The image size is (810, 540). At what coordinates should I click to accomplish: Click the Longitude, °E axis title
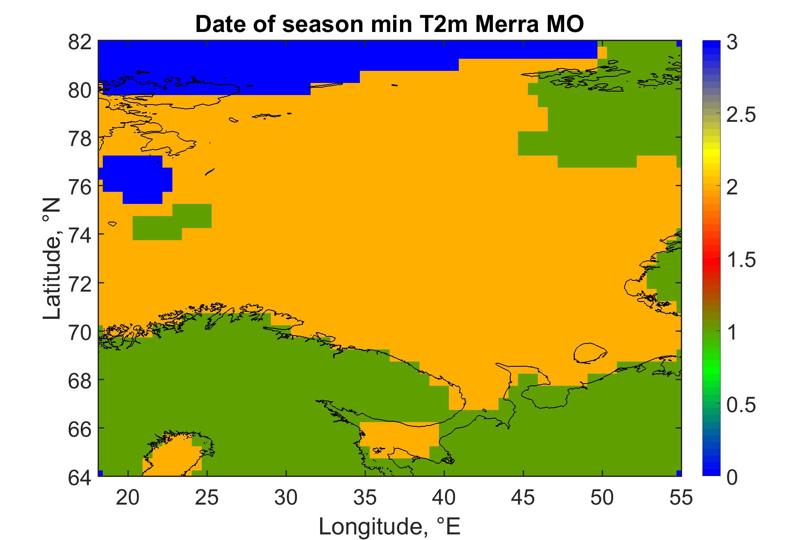tap(389, 526)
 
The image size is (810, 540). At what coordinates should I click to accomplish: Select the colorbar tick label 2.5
tap(741, 116)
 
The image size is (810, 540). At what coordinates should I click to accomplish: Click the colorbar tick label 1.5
tap(741, 260)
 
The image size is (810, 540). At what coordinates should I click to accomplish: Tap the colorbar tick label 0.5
tap(741, 405)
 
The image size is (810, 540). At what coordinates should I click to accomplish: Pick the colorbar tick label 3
tap(732, 43)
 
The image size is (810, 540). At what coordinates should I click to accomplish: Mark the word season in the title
tap(319, 24)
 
